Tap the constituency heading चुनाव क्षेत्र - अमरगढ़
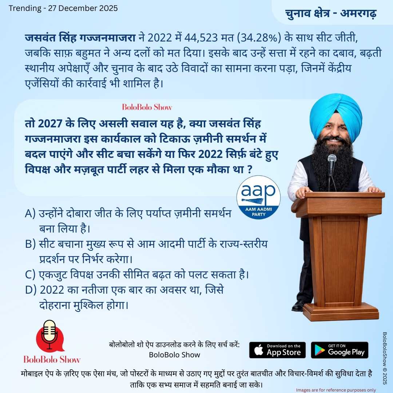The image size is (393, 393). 331,13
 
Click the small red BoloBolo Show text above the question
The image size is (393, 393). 147,107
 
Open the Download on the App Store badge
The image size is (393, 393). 277,350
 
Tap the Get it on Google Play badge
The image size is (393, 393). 340,350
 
